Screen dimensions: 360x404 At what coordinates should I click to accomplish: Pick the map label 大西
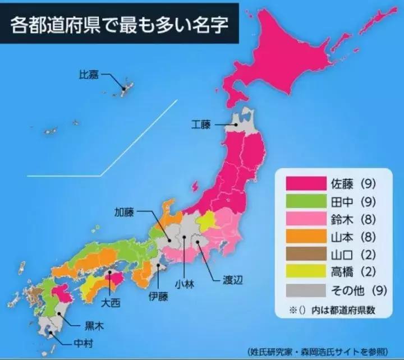pyautogui.click(x=109, y=303)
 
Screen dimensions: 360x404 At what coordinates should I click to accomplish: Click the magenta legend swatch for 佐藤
pyautogui.click(x=306, y=183)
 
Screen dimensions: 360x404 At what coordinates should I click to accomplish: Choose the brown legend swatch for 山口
pyautogui.click(x=306, y=255)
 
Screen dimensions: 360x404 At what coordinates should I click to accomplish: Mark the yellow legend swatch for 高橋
pyautogui.click(x=306, y=273)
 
